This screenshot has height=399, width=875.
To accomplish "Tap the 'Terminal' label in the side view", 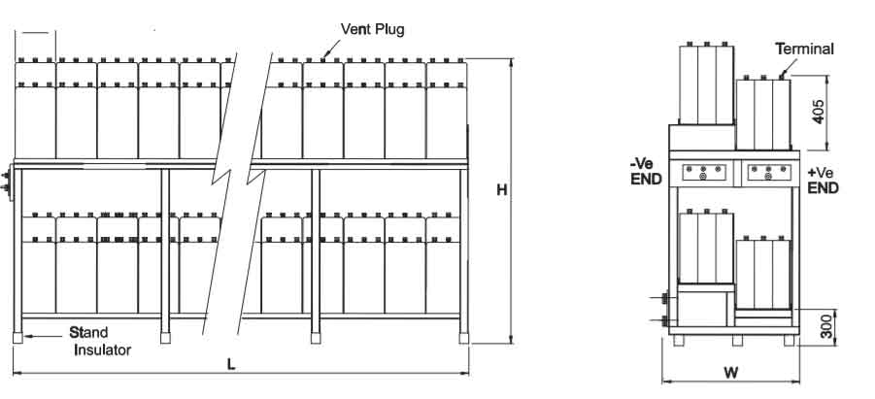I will click(x=804, y=49).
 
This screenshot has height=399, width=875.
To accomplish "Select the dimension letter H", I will click(x=502, y=191).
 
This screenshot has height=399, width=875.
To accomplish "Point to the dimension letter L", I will click(x=230, y=364).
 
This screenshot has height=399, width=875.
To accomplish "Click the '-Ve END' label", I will click(x=646, y=173).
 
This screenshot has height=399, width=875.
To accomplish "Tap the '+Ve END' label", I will click(x=822, y=180).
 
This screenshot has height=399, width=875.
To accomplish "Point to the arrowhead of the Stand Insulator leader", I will click(x=25, y=336).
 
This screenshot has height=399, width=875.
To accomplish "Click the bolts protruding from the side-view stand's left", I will click(x=665, y=310).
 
